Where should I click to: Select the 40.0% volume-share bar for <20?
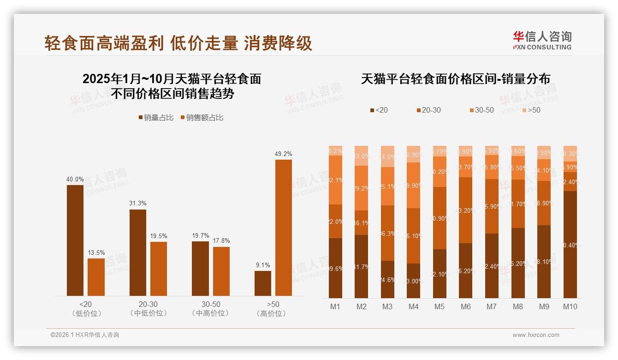pos(75,240)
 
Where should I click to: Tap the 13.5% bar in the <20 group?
pos(96,277)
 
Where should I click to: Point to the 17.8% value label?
pos(221,241)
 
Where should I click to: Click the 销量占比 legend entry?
pos(156,118)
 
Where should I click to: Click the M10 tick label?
pos(570,306)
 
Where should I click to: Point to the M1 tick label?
pos(335,306)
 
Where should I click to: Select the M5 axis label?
pos(440,306)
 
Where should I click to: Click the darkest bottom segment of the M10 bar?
pos(570,245)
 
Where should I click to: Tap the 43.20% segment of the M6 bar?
pos(466,210)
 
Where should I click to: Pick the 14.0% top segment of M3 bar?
pos(387,156)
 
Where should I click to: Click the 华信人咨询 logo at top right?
pos(542,40)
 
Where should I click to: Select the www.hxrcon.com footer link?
pos(536,335)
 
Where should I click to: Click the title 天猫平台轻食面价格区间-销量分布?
pos(455,79)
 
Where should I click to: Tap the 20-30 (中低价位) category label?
pos(148,309)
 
